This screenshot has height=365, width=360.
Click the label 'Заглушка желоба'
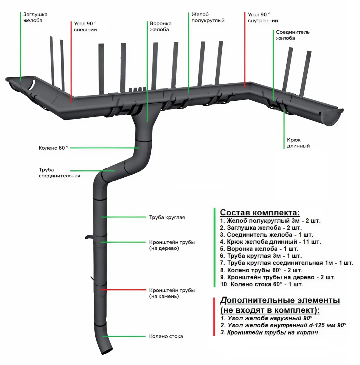[x=35, y=17]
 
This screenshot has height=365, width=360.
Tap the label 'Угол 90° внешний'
[x=85, y=26]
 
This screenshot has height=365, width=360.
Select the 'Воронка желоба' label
[x=161, y=26]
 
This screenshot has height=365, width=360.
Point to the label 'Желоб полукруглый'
[x=208, y=17]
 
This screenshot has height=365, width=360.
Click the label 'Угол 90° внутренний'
[x=263, y=18]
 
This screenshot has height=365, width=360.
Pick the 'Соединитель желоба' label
[x=292, y=35]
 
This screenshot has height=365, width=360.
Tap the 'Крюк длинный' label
[x=298, y=143]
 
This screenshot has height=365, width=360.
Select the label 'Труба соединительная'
[x=59, y=173]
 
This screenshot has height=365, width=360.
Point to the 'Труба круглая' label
[x=167, y=217]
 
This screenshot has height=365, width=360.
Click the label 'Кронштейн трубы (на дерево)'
[x=172, y=245]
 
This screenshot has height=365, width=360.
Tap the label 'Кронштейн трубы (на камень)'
[x=172, y=293]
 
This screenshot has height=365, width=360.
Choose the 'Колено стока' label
[x=166, y=336]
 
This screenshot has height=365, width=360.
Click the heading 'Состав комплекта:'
[x=259, y=212]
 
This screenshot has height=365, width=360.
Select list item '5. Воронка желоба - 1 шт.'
[x=259, y=249]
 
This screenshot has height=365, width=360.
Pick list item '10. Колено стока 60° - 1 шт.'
[x=262, y=284]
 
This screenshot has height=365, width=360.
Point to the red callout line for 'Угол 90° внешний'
[x=71, y=61]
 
